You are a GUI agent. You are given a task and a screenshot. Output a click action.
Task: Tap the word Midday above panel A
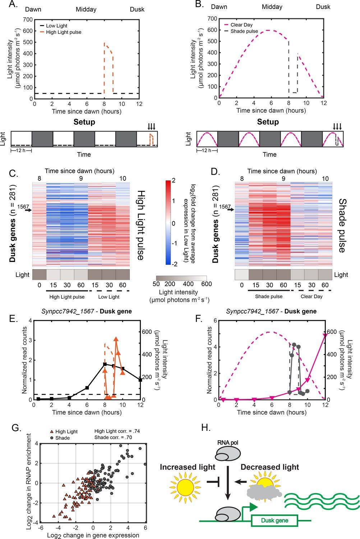[x=86, y=9]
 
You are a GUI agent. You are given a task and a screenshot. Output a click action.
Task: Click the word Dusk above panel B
[x=323, y=7]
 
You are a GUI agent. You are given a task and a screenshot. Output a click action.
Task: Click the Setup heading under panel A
[x=84, y=122]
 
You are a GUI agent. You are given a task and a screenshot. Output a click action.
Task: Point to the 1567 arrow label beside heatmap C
[x=24, y=207]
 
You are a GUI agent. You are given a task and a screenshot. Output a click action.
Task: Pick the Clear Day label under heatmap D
[x=311, y=296]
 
